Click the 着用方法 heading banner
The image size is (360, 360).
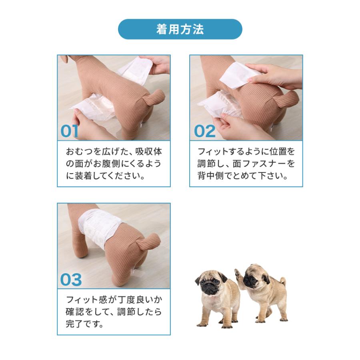[x=180, y=29]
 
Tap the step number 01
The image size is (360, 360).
[x=70, y=131]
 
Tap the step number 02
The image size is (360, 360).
[x=204, y=131]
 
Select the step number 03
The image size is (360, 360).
[x=70, y=280]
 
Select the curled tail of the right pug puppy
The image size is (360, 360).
[x=282, y=281]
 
